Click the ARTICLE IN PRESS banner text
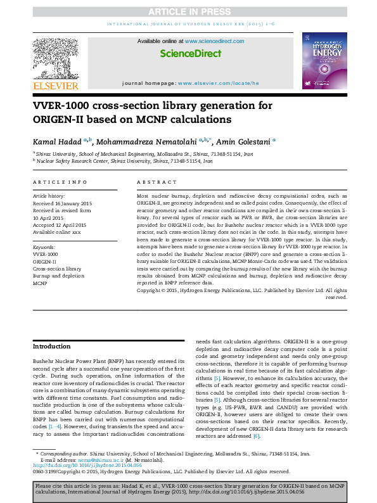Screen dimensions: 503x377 [x=188, y=12]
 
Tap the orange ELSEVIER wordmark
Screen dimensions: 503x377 [x=56, y=86]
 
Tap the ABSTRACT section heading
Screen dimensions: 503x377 [x=153, y=182]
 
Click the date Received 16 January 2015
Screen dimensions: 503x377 [x=62, y=203]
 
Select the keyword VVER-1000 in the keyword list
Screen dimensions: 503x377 [x=44, y=253]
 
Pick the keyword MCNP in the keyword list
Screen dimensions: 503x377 [x=40, y=284]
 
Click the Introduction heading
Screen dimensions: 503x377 [x=51, y=347]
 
